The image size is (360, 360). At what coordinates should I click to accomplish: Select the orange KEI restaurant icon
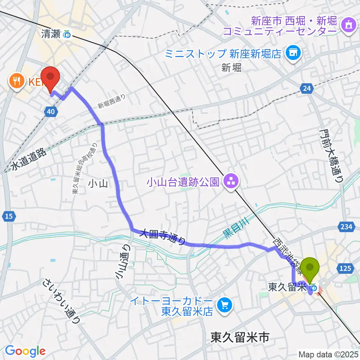tap(16, 81)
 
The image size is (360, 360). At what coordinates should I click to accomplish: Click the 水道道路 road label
tap(28, 160)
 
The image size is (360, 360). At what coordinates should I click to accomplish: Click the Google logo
tap(25, 351)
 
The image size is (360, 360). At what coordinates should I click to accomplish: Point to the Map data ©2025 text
tap(328, 354)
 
